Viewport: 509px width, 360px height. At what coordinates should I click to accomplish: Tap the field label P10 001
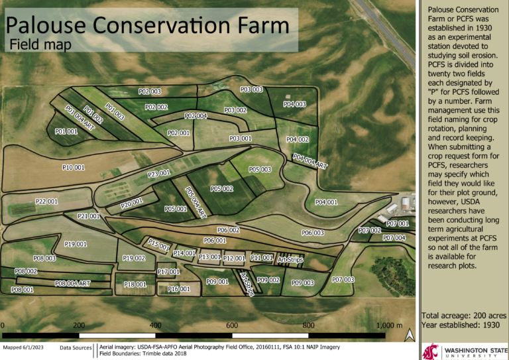point(74,168)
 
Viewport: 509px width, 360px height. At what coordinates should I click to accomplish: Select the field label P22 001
point(46,201)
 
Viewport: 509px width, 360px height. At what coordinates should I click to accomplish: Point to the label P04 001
point(327,202)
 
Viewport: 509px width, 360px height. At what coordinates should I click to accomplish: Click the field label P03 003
point(252,90)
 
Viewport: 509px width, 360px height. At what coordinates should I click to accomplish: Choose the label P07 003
point(343,280)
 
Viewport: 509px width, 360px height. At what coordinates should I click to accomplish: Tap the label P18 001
point(135,284)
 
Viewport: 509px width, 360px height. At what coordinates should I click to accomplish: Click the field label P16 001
point(179,289)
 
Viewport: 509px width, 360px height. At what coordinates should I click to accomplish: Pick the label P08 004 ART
point(72,283)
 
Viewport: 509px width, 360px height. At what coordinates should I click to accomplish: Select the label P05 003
point(260,170)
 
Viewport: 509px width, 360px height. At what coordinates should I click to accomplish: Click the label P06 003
point(313,233)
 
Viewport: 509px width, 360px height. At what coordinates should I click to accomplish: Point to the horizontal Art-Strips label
point(290,260)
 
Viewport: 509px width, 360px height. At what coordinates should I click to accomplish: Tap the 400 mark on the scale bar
point(155,325)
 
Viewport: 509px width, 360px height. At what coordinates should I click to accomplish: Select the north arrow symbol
point(410,336)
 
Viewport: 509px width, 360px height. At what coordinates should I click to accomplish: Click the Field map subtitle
point(39,46)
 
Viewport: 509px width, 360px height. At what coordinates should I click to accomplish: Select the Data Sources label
point(76,347)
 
